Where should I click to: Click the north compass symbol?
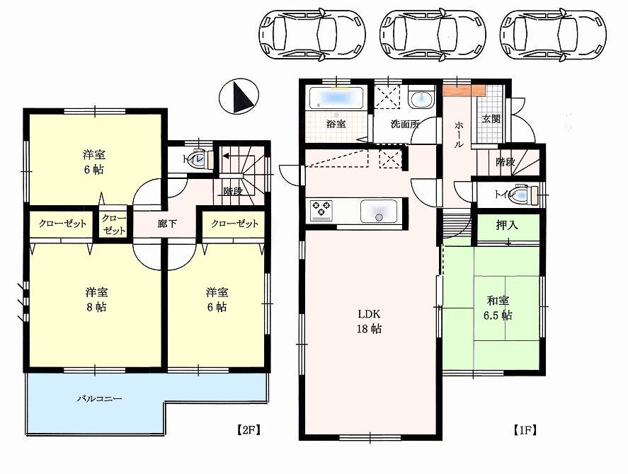tap(238, 97)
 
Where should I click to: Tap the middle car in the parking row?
tap(433, 31)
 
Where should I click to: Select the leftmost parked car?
tap(312, 31)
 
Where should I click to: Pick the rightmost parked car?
tap(553, 31)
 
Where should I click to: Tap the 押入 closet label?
tap(506, 226)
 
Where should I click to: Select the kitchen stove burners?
tap(321, 209)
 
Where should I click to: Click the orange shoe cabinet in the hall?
tap(464, 90)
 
